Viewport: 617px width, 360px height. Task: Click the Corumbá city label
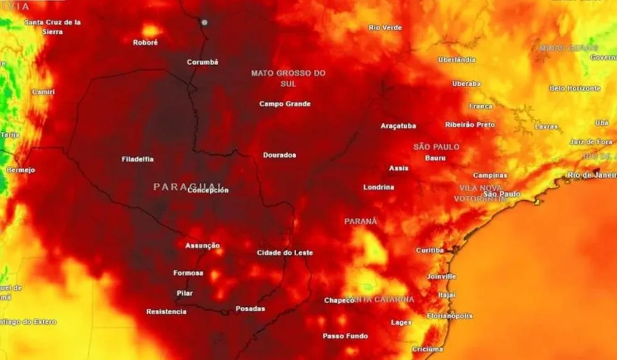pos(202,62)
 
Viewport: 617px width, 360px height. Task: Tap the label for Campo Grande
pos(284,104)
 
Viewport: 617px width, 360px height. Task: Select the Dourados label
pos(280,155)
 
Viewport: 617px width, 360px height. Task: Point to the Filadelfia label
pos(138,159)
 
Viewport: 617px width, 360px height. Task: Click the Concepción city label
pos(208,190)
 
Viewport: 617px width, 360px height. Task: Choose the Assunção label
pos(202,245)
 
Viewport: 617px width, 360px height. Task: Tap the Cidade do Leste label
pos(285,253)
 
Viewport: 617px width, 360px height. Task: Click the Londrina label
pos(379,187)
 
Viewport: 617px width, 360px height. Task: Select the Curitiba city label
pos(429,250)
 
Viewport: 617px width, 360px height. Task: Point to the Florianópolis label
pos(450,316)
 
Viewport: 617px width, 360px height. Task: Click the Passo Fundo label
pos(345,336)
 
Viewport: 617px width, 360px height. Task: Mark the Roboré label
pos(146,43)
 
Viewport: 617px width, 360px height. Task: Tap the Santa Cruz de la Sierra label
pos(52,27)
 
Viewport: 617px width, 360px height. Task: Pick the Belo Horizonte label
pos(575,88)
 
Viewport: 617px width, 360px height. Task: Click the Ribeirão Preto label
pos(470,125)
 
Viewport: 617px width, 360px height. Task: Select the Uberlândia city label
pos(457,60)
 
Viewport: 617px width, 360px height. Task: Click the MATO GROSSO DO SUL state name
pos(288,78)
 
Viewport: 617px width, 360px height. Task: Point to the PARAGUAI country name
pos(187,186)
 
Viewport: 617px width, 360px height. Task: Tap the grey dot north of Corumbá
pos(204,22)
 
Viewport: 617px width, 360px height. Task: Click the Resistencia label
pos(166,311)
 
